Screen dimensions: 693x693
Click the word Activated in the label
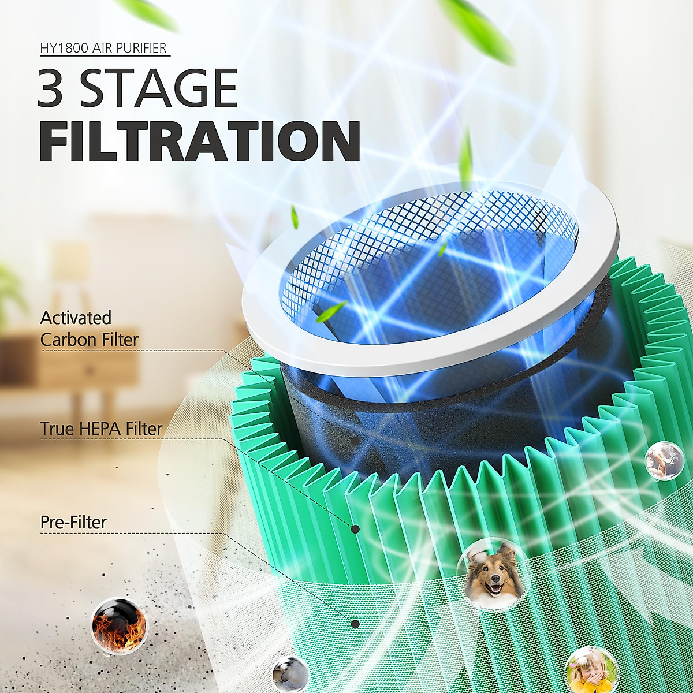click(x=76, y=318)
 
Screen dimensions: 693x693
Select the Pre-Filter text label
click(x=73, y=522)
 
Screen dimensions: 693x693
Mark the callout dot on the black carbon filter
click(x=355, y=441)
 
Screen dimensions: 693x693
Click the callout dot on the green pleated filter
click(x=355, y=529)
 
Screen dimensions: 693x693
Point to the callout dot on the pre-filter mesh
click(x=355, y=624)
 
